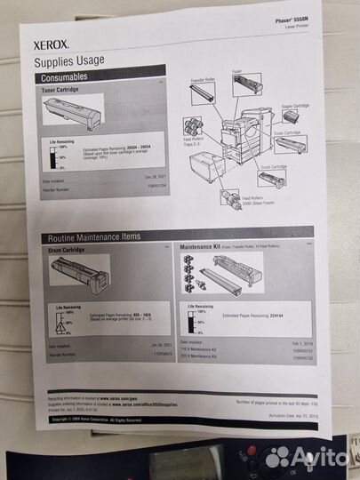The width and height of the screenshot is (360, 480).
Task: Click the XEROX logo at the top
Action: point(51,41)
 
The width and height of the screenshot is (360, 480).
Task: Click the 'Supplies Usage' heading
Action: point(68,60)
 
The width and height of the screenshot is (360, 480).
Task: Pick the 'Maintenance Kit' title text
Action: point(203,244)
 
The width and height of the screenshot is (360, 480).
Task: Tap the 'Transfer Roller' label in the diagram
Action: point(204,80)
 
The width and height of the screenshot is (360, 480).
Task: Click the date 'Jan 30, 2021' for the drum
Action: point(159,345)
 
